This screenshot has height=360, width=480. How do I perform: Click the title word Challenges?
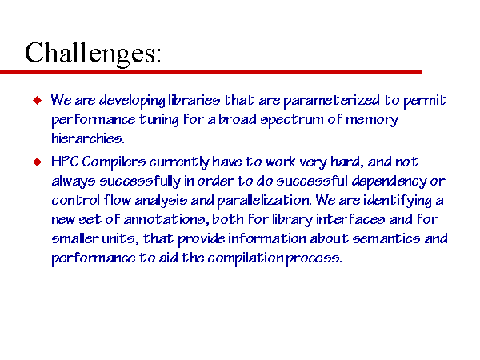point(93,54)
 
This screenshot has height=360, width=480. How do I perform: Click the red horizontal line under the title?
point(210,72)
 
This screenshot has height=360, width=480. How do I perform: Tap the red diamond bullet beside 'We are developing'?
point(37,100)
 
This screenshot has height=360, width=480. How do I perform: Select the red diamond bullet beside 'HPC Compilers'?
point(37,162)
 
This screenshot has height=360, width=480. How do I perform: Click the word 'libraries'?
point(194,101)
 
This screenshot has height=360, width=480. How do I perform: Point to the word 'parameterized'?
point(331,101)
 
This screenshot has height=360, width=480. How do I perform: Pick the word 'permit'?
point(424,102)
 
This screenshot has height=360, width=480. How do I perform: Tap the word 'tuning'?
point(159,120)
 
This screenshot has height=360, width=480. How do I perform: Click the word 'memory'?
point(372,120)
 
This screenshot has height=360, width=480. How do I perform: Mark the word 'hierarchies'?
point(87,138)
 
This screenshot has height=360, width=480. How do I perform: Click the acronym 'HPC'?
point(65,162)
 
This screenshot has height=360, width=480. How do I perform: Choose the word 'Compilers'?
point(114,162)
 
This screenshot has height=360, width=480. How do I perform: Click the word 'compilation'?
point(246,258)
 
